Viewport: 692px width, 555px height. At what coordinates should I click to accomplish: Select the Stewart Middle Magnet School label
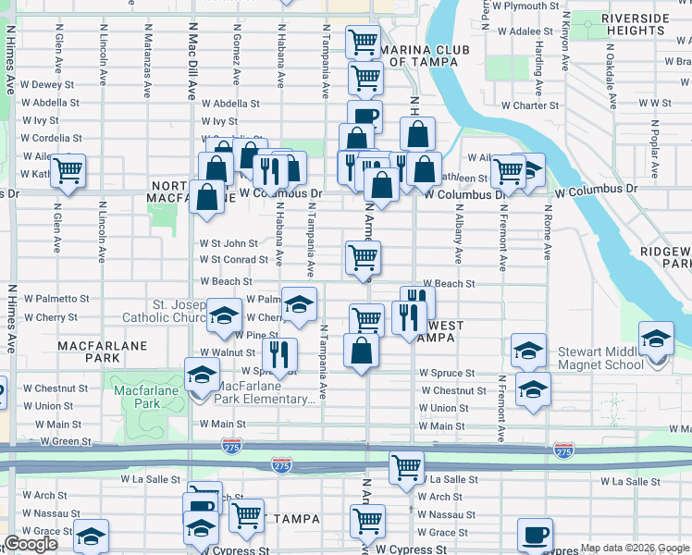599,358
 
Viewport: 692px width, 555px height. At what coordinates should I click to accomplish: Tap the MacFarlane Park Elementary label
265,392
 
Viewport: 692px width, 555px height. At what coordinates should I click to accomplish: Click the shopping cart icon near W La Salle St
406,469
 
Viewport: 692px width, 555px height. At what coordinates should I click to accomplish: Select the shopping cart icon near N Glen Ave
68,171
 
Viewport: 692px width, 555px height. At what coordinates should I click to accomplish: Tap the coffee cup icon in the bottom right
535,535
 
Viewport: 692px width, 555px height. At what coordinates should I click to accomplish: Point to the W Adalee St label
518,31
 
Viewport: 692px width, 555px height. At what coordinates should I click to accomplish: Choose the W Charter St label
530,105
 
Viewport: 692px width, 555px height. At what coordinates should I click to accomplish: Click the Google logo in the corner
31,544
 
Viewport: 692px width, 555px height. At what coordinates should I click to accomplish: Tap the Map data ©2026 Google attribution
635,549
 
